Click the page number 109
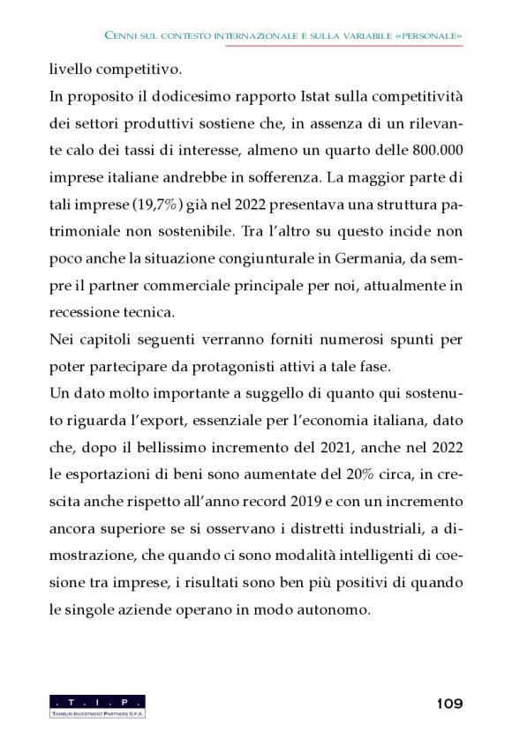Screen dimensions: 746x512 click(449, 704)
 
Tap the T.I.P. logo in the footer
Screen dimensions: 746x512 click(97, 705)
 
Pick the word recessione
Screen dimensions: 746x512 click(87, 312)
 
